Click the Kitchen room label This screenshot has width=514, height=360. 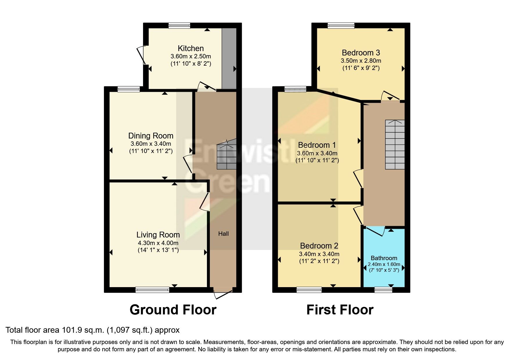pyautogui.click(x=190, y=48)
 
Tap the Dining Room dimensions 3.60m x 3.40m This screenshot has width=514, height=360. pyautogui.click(x=151, y=144)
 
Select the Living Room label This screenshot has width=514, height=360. pyautogui.click(x=158, y=235)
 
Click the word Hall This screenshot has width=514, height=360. pyautogui.click(x=223, y=234)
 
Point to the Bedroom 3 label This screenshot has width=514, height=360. pyautogui.click(x=361, y=53)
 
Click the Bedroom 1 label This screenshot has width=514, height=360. pyautogui.click(x=317, y=145)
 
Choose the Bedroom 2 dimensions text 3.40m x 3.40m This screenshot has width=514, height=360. pyautogui.click(x=319, y=254)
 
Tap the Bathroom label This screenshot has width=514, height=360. pyautogui.click(x=384, y=258)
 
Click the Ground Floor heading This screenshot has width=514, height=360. pyautogui.click(x=173, y=310)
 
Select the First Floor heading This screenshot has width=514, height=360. pyautogui.click(x=340, y=310)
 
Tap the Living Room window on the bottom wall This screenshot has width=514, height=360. pyautogui.click(x=152, y=289)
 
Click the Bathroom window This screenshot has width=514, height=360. pyautogui.click(x=383, y=289)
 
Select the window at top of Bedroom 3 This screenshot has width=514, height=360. pyautogui.click(x=341, y=26)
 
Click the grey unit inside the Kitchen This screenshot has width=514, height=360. pyautogui.click(x=229, y=58)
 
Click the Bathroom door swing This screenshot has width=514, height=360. pyautogui.click(x=376, y=231)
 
